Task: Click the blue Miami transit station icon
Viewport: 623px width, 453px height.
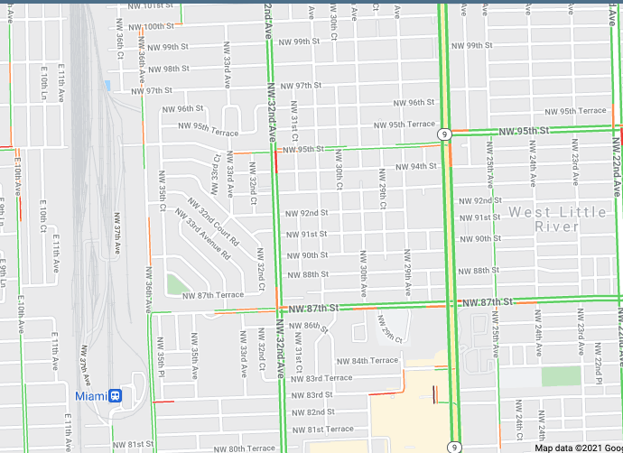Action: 115,396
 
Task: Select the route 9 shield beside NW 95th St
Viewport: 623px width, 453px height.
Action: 444,134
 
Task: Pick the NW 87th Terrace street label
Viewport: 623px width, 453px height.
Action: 213,295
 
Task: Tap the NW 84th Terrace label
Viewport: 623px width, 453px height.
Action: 368,360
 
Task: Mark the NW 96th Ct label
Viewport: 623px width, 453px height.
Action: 118,46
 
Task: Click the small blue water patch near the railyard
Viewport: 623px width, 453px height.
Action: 107,86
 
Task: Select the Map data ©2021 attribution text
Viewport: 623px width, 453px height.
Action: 578,448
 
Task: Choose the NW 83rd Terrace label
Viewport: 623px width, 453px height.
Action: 324,378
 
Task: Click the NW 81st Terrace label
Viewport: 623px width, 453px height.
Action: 325,429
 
